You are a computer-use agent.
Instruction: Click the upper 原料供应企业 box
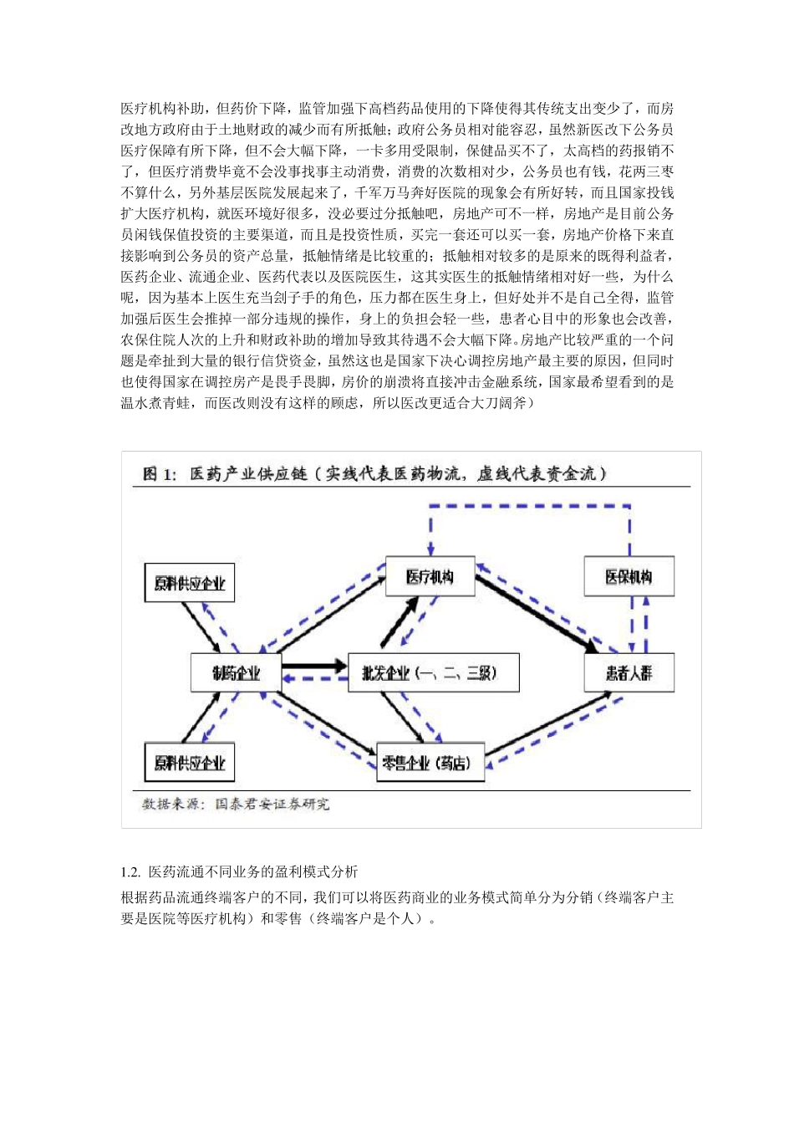pos(190,583)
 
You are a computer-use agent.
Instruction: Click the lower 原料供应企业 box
pos(190,762)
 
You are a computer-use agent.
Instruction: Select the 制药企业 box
pos(236,672)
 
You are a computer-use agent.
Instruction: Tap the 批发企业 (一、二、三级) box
pos(433,672)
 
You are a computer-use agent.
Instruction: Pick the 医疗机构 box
pos(430,576)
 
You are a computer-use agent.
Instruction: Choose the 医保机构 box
pos(629,576)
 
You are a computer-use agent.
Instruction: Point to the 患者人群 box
pos(629,672)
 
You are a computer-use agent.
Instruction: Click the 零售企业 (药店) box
pos(430,762)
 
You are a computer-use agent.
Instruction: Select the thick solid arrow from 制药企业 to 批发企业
pos(314,666)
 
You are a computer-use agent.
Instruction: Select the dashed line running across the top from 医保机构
pos(530,506)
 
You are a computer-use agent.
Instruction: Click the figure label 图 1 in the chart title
pos(159,473)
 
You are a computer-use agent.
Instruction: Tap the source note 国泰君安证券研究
pos(272,804)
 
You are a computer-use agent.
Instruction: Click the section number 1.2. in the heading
pos(131,871)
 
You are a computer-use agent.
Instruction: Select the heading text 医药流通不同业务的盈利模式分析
pos(253,871)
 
